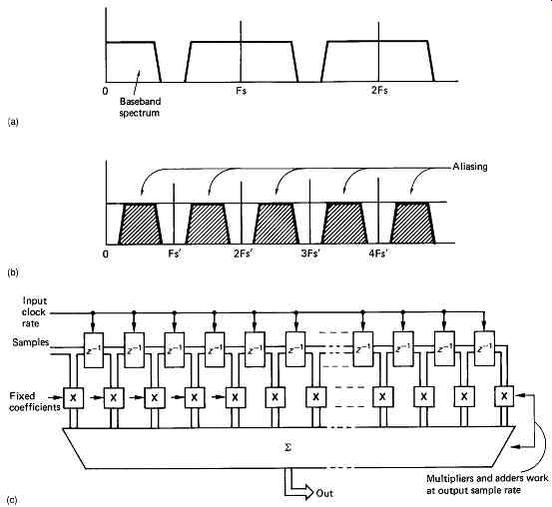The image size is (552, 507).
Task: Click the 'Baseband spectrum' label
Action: pyautogui.click(x=140, y=107)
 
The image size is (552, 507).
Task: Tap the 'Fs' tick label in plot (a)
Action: pyautogui.click(x=242, y=91)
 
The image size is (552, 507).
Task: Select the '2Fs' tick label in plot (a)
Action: pyautogui.click(x=379, y=91)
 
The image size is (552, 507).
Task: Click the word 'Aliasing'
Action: pyautogui.click(x=470, y=167)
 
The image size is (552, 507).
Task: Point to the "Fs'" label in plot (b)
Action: pyautogui.click(x=175, y=253)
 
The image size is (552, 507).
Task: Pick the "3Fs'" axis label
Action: pyautogui.click(x=310, y=253)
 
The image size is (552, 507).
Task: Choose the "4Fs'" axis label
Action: pyautogui.click(x=378, y=253)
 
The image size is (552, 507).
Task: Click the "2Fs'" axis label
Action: pyautogui.click(x=243, y=253)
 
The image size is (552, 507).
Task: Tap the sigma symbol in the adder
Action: pyautogui.click(x=287, y=448)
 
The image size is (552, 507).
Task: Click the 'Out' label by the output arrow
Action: pyautogui.click(x=324, y=493)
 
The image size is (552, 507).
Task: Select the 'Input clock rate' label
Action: pyautogui.click(x=34, y=312)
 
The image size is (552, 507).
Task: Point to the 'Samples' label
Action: pyautogui.click(x=31, y=342)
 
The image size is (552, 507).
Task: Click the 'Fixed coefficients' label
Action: pyautogui.click(x=35, y=401)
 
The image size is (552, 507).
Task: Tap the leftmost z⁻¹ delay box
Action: pyautogui.click(x=94, y=350)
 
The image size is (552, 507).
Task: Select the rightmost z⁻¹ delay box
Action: pyautogui.click(x=484, y=348)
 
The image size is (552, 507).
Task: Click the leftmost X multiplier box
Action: pyautogui.click(x=73, y=398)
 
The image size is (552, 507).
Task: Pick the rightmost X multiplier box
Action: pyautogui.click(x=504, y=396)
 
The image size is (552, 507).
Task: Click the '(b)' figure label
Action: pyautogui.click(x=13, y=272)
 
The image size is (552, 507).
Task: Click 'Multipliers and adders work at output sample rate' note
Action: pyautogui.click(x=487, y=484)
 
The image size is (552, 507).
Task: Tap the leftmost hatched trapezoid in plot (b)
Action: pyautogui.click(x=140, y=224)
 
